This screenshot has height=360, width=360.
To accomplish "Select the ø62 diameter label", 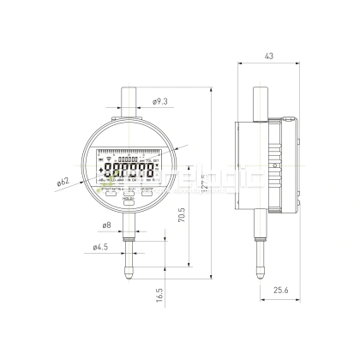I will pyautogui.click(x=63, y=181).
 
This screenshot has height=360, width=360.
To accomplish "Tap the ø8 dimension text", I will pyautogui.click(x=105, y=225).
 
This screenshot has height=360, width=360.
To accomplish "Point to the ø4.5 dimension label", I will pyautogui.click(x=99, y=249).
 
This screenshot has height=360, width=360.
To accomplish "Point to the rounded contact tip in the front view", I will pyautogui.click(x=129, y=274).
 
